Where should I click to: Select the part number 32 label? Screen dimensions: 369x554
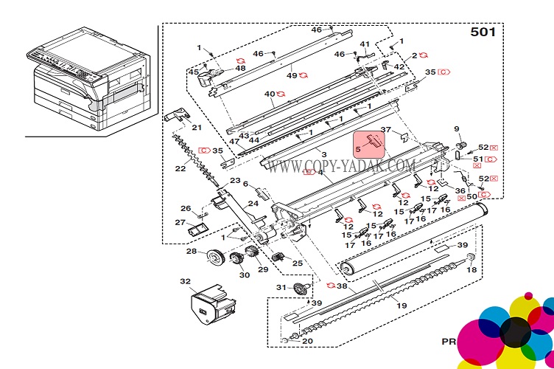[185, 281]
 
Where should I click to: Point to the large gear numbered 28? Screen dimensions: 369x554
[215, 258]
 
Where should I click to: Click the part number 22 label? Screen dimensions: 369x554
[180, 169]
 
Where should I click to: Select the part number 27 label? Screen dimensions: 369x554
[179, 222]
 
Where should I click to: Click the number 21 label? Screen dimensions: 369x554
[196, 128]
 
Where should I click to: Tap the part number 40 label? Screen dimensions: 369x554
[270, 94]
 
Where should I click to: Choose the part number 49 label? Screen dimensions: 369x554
[292, 75]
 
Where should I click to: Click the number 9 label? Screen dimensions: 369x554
[456, 129]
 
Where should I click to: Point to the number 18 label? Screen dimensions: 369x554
[471, 270]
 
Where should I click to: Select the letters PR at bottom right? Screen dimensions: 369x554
[449, 342]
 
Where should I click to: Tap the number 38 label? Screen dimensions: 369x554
[341, 286]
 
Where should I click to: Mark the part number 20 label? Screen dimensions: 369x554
[307, 341]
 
